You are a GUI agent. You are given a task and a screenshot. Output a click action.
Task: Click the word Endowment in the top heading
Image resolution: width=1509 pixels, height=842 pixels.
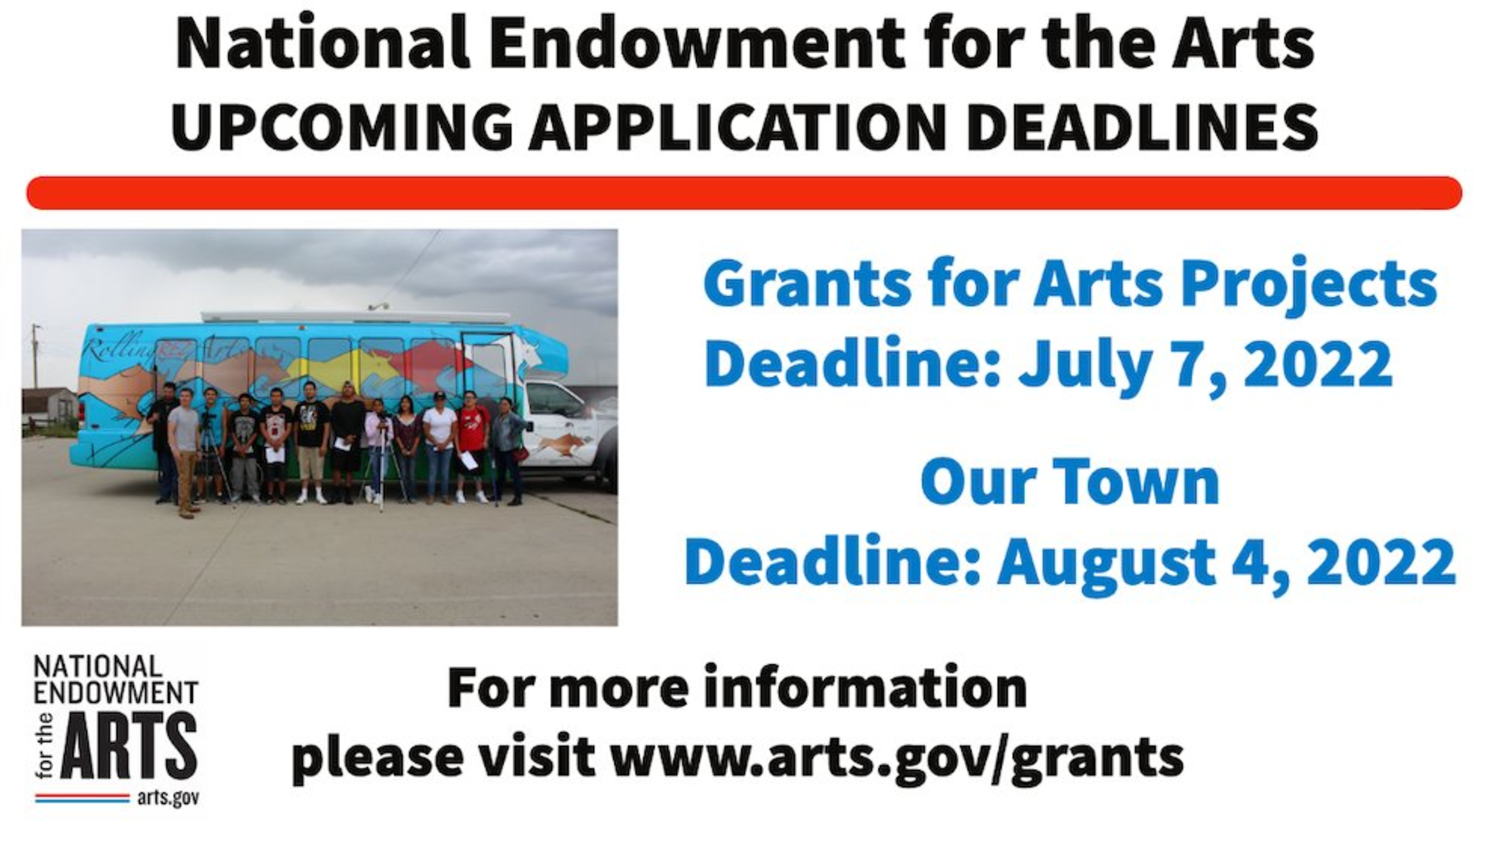coord(696,44)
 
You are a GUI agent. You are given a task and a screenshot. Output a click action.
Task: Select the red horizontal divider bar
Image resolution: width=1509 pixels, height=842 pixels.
coord(744,193)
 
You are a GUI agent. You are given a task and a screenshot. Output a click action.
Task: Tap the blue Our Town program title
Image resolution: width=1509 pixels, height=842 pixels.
coord(1069,482)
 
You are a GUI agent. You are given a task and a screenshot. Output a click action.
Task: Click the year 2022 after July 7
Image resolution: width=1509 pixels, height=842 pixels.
coord(1318,362)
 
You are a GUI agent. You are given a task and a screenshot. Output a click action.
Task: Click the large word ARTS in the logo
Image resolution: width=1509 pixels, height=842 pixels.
coord(129,745)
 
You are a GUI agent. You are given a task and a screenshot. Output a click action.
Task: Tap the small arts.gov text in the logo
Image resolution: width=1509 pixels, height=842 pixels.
coord(168,798)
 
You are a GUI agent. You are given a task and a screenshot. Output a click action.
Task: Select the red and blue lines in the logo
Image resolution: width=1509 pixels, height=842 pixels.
coord(83,798)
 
